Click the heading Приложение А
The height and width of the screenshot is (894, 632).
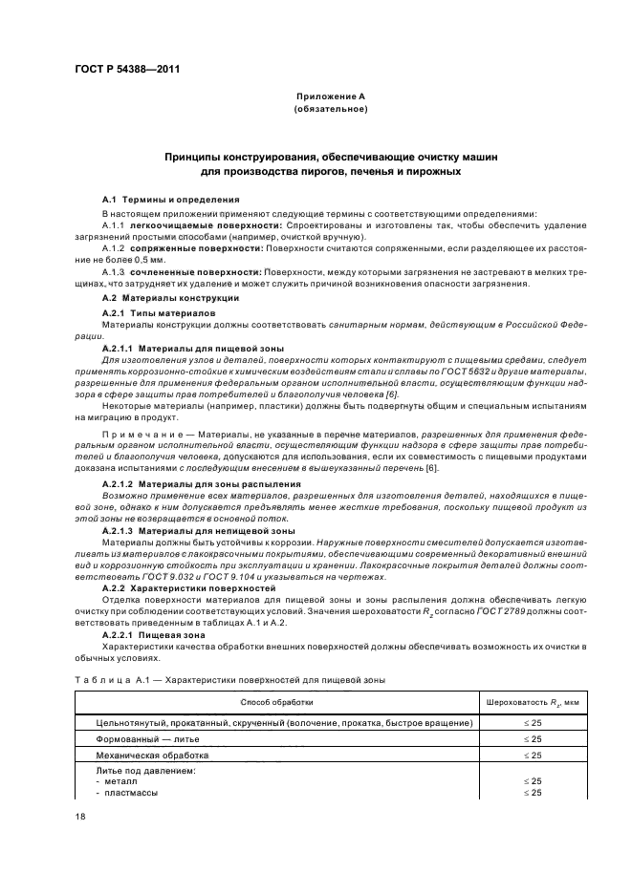click(329, 97)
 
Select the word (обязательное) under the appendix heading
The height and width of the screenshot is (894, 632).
click(329, 110)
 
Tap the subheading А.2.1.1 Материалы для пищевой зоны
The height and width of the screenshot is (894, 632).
click(178, 350)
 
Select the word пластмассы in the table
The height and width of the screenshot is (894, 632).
click(131, 793)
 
